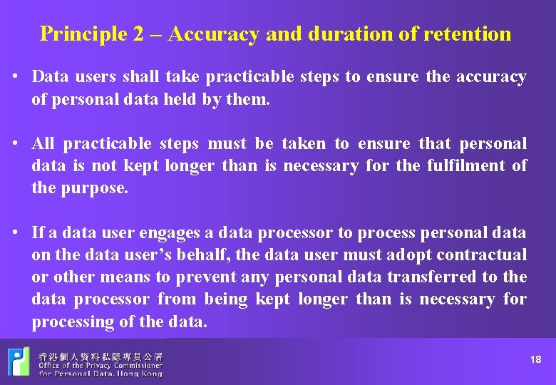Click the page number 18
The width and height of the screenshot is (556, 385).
pyautogui.click(x=536, y=360)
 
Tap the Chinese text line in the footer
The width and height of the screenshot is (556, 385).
pyautogui.click(x=101, y=355)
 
